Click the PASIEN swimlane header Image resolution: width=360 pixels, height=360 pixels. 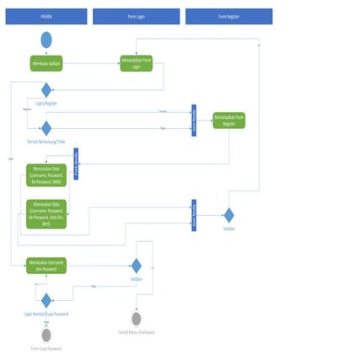(x=46, y=16)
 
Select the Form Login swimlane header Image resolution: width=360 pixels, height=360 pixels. (x=136, y=16)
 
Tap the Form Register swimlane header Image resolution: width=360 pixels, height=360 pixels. (x=228, y=16)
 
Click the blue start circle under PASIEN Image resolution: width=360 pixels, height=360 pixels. (x=46, y=40)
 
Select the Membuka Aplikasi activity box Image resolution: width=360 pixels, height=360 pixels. (x=46, y=63)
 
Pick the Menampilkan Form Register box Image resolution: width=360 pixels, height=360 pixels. (x=228, y=121)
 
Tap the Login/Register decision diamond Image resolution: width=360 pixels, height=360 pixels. (x=46, y=90)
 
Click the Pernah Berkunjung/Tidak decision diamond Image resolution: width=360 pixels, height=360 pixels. (x=46, y=128)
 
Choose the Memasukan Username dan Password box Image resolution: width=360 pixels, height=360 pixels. (x=46, y=265)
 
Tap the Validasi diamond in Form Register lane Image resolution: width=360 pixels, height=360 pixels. (x=228, y=215)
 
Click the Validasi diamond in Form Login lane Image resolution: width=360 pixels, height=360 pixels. (x=136, y=266)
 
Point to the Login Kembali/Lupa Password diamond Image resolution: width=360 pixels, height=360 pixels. (x=46, y=300)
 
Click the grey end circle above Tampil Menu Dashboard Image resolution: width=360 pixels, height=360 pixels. (x=136, y=319)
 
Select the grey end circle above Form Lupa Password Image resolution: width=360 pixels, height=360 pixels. (x=46, y=335)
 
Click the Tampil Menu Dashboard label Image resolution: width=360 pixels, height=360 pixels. (x=136, y=332)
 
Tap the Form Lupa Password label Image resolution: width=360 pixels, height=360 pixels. (x=46, y=348)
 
